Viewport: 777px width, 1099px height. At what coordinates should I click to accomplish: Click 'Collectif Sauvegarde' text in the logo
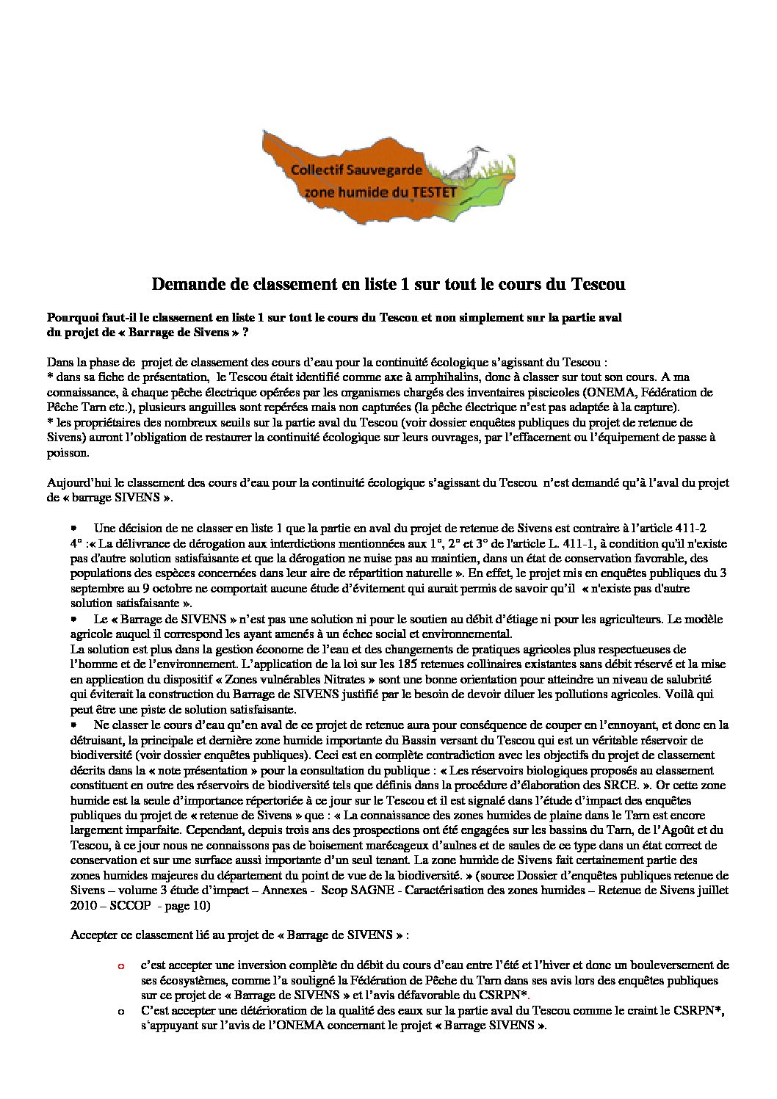coord(356,170)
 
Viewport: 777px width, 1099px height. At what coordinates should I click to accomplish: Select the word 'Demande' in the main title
coord(184,284)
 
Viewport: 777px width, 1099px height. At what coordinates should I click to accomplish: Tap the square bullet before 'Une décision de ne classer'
coord(74,528)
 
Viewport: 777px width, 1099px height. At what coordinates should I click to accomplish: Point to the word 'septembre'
coord(95,588)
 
